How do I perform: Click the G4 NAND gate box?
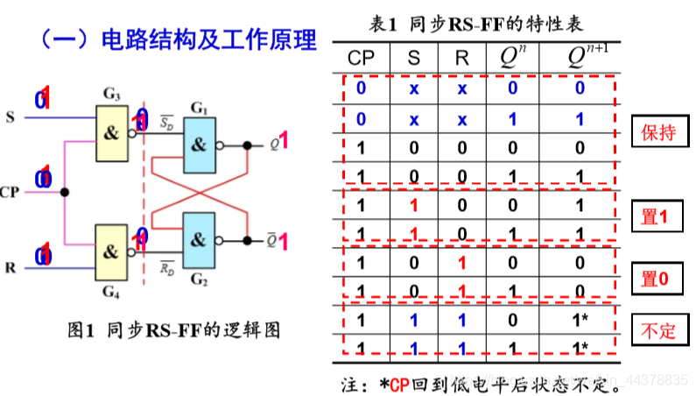click(110, 251)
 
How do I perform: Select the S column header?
click(414, 59)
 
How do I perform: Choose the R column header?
click(461, 59)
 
